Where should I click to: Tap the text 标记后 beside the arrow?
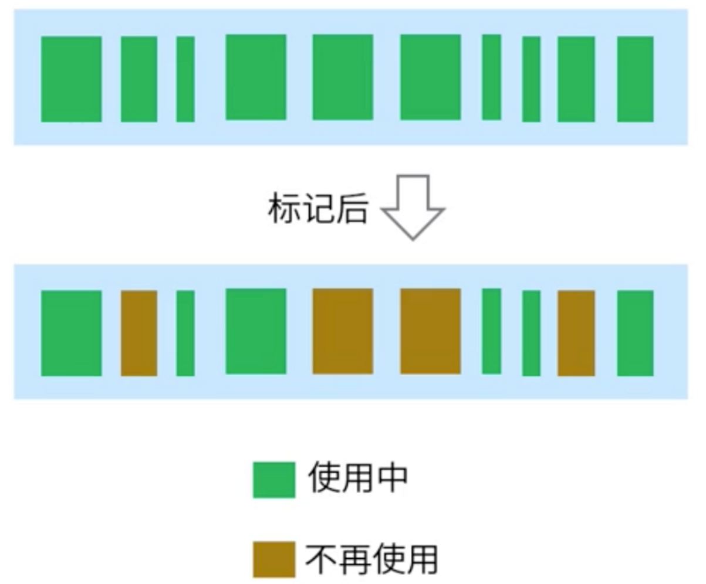pyautogui.click(x=317, y=208)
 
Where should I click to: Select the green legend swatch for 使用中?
pyautogui.click(x=273, y=480)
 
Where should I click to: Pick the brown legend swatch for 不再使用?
pyautogui.click(x=273, y=559)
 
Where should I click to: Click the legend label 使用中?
pyautogui.click(x=357, y=478)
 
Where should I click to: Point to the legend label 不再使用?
pyautogui.click(x=371, y=559)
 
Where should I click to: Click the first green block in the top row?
pyautogui.click(x=71, y=79)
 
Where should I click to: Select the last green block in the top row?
pyautogui.click(x=635, y=79)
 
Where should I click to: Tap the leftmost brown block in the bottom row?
pyautogui.click(x=139, y=332)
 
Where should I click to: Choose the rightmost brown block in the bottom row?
pyautogui.click(x=576, y=332)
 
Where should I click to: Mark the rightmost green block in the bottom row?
pyautogui.click(x=635, y=332)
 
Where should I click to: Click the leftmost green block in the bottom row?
pyautogui.click(x=71, y=332)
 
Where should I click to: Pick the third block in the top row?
pyautogui.click(x=185, y=79)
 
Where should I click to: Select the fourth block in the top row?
pyautogui.click(x=256, y=77)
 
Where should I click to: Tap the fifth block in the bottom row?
pyautogui.click(x=343, y=331)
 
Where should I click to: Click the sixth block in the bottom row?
pyautogui.click(x=430, y=331)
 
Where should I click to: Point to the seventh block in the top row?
pyautogui.click(x=492, y=77)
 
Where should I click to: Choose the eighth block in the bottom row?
pyautogui.click(x=531, y=332)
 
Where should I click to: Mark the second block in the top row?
pyautogui.click(x=139, y=79)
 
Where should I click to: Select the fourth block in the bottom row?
pyautogui.click(x=256, y=331)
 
